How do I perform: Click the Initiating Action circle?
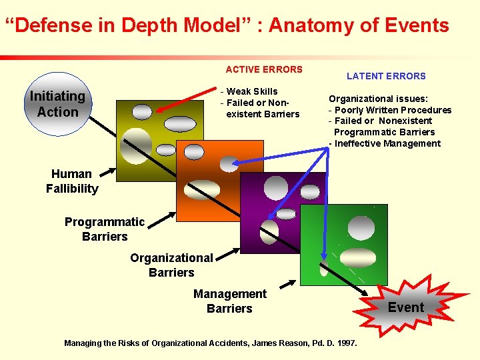pos(58,104)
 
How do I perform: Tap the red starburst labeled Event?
pos(405,307)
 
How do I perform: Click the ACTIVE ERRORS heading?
pos(264,69)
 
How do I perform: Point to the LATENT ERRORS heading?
pos(386,76)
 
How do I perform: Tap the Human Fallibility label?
pos(72,181)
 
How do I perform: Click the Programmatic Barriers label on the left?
pos(105,229)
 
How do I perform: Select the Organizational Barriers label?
pos(171,265)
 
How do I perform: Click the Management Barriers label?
pos(229,301)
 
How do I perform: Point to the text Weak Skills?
pos(252,91)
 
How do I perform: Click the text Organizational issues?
pos(373,99)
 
